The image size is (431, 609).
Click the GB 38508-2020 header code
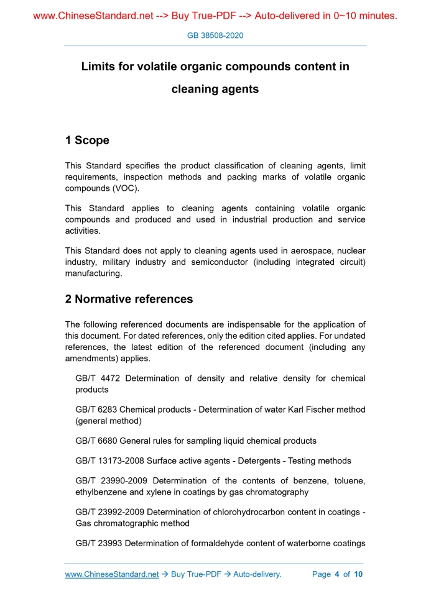click(x=215, y=35)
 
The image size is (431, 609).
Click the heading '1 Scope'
click(x=87, y=140)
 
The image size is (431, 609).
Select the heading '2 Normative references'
click(x=129, y=299)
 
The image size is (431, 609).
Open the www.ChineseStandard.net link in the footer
click(x=112, y=574)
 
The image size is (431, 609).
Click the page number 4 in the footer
click(x=336, y=574)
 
